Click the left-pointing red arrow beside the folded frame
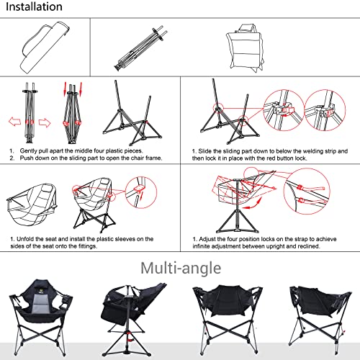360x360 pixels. pyautogui.click(x=12, y=121)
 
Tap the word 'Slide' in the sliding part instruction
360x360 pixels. pyautogui.click(x=210, y=150)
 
